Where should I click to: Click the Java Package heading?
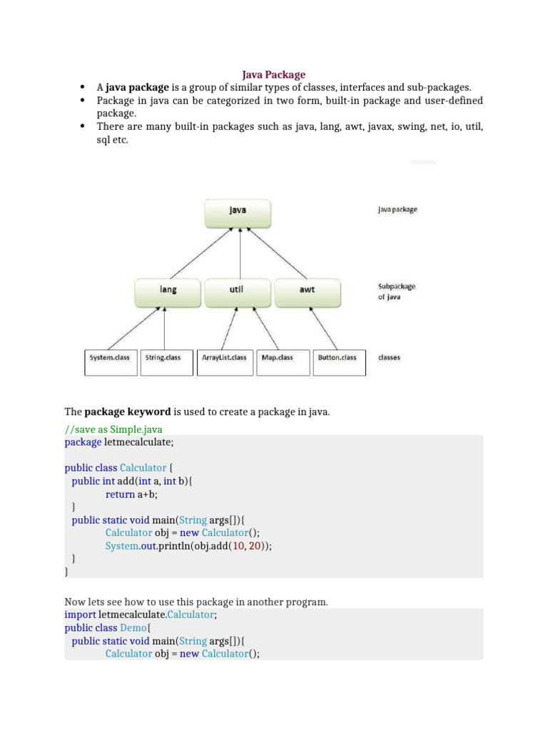(x=273, y=74)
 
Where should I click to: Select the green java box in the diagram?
(x=239, y=210)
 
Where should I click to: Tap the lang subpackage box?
(x=168, y=290)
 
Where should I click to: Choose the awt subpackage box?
(x=308, y=290)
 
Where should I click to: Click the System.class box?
(x=110, y=358)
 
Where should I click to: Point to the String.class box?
(x=163, y=358)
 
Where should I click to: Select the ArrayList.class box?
(x=224, y=358)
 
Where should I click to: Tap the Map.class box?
(x=277, y=358)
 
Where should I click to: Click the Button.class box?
(x=337, y=358)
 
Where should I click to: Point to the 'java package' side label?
(x=397, y=210)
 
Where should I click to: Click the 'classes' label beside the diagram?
(x=389, y=358)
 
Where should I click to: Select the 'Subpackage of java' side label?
(x=396, y=292)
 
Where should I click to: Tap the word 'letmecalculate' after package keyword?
(x=138, y=442)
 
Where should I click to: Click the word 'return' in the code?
(x=120, y=493)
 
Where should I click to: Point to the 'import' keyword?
(x=80, y=615)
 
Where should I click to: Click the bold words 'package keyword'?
(x=128, y=411)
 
